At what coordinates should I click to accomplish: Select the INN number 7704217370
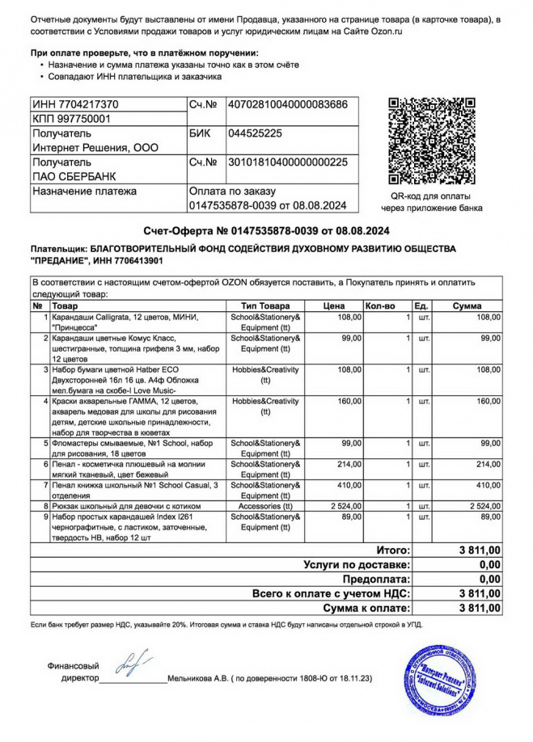pos(75,104)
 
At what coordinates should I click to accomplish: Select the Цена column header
pos(334,306)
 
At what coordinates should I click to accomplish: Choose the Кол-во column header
pos(380,306)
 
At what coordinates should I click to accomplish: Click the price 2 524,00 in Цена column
pos(341,505)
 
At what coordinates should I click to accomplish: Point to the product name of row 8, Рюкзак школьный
pos(125,505)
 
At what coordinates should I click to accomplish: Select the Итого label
pos(393,550)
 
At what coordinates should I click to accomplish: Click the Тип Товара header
pos(264,306)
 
